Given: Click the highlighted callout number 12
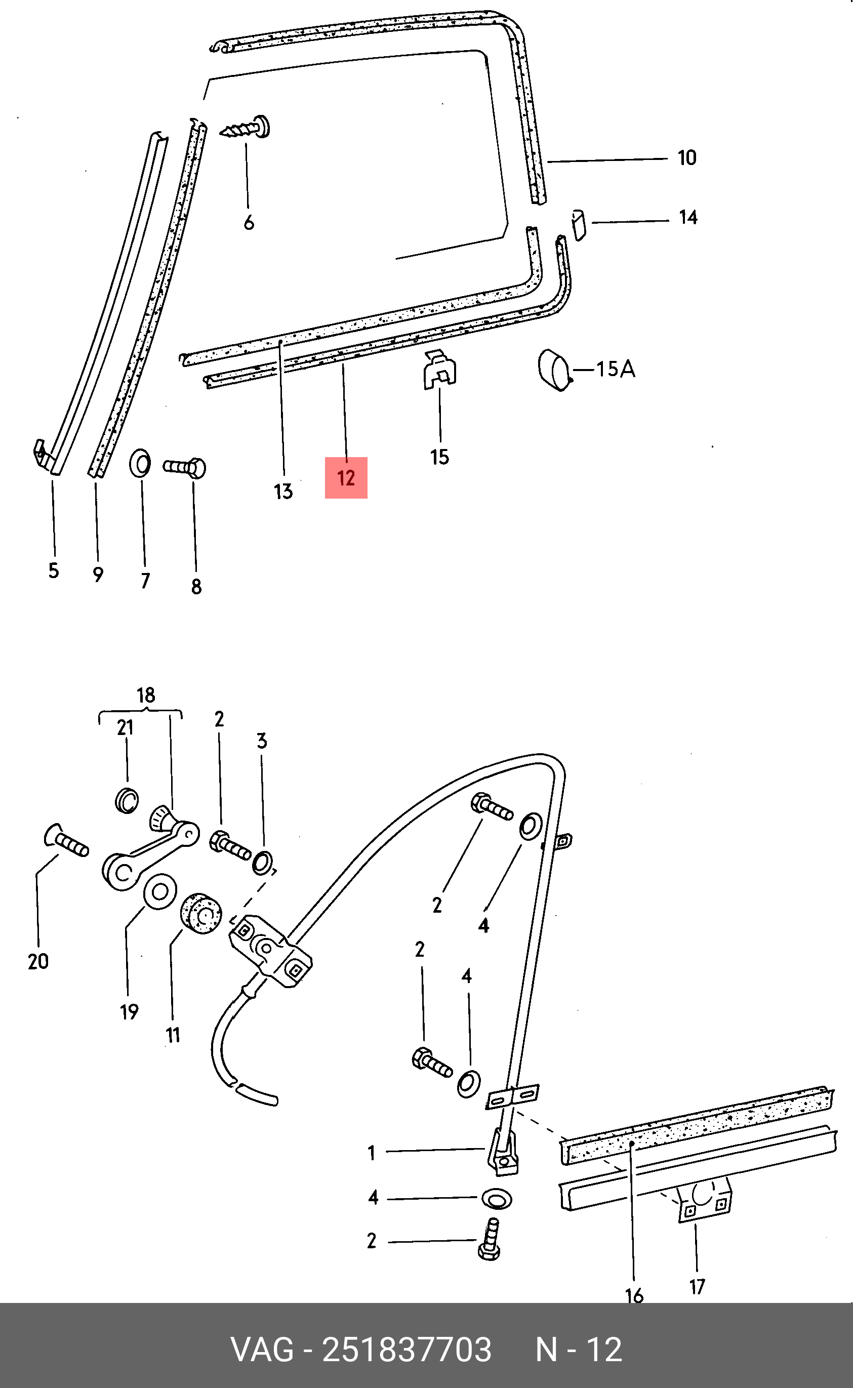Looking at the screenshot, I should pos(346,478).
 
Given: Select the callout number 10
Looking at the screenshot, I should pos(686,158).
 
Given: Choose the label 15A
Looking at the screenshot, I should pos(616,370).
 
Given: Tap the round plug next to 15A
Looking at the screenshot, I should pos(554,371).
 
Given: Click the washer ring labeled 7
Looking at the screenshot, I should pos(140,464).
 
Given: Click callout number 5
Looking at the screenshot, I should pos(54,571).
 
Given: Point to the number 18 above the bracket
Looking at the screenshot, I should pos(146,696).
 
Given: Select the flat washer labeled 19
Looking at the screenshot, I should pos(160,892).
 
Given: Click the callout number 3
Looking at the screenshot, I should pos(262,741).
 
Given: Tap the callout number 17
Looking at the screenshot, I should pos(697,1286).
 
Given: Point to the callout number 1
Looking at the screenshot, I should pos(371,1153).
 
